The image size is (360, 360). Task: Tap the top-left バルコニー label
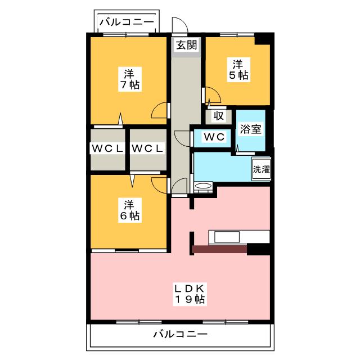[x=127, y=22]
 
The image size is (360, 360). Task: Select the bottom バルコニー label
[x=180, y=334]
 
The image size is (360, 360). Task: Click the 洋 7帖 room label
[x=129, y=79]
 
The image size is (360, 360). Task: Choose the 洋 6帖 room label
[x=129, y=209]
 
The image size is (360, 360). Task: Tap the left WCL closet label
[x=107, y=148]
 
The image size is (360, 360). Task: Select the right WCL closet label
[x=147, y=148]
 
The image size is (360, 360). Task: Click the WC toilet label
[x=214, y=137]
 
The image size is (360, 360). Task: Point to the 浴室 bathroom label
[x=249, y=129]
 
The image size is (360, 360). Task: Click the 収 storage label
[x=218, y=116]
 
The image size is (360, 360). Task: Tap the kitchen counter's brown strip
[x=219, y=248]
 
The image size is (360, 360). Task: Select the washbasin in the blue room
[x=202, y=186]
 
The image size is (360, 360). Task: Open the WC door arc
[x=183, y=138]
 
